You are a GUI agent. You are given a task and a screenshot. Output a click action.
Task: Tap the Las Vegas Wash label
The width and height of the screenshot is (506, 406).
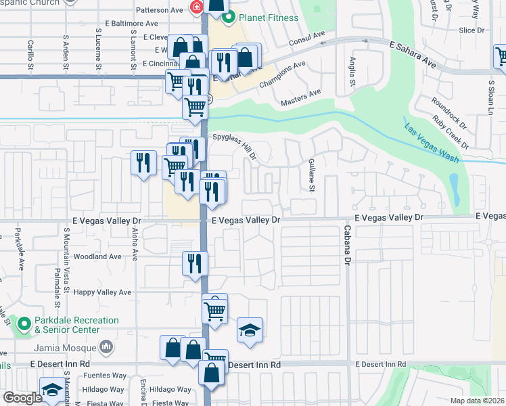pyautogui.click(x=432, y=143)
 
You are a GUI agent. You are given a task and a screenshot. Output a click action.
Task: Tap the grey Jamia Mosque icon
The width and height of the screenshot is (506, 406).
pyautogui.click(x=106, y=347)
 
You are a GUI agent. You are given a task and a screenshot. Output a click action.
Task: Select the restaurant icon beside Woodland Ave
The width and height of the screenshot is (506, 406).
pyautogui.click(x=195, y=263)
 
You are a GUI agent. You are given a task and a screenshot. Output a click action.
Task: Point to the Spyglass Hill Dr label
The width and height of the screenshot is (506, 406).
pyautogui.click(x=234, y=145)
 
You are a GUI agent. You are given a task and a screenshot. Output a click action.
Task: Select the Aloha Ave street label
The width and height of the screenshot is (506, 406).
pyautogui.click(x=135, y=245)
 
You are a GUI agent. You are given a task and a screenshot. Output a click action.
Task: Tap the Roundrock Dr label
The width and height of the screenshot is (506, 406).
pyautogui.click(x=449, y=112)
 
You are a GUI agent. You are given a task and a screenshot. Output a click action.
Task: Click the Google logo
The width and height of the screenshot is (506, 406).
pyautogui.click(x=24, y=398)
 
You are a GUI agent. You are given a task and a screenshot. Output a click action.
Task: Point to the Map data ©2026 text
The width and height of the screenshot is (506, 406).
pyautogui.click(x=477, y=401)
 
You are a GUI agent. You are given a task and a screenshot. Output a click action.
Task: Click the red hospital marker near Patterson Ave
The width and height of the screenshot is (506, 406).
pyautogui.click(x=196, y=7)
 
